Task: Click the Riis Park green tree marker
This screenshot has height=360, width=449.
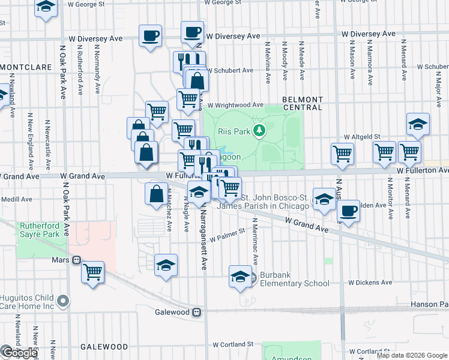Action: click(x=259, y=130)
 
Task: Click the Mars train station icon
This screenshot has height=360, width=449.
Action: click(x=76, y=260)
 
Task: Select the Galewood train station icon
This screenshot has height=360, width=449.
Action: click(x=196, y=312)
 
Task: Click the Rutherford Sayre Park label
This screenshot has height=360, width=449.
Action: click(x=40, y=230)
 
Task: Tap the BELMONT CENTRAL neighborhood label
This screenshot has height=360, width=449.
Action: click(x=303, y=103)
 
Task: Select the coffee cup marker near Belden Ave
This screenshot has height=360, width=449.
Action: click(x=348, y=211)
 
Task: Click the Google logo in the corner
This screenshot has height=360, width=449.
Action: click(x=19, y=353)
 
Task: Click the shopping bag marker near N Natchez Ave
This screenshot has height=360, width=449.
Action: click(x=156, y=194)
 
